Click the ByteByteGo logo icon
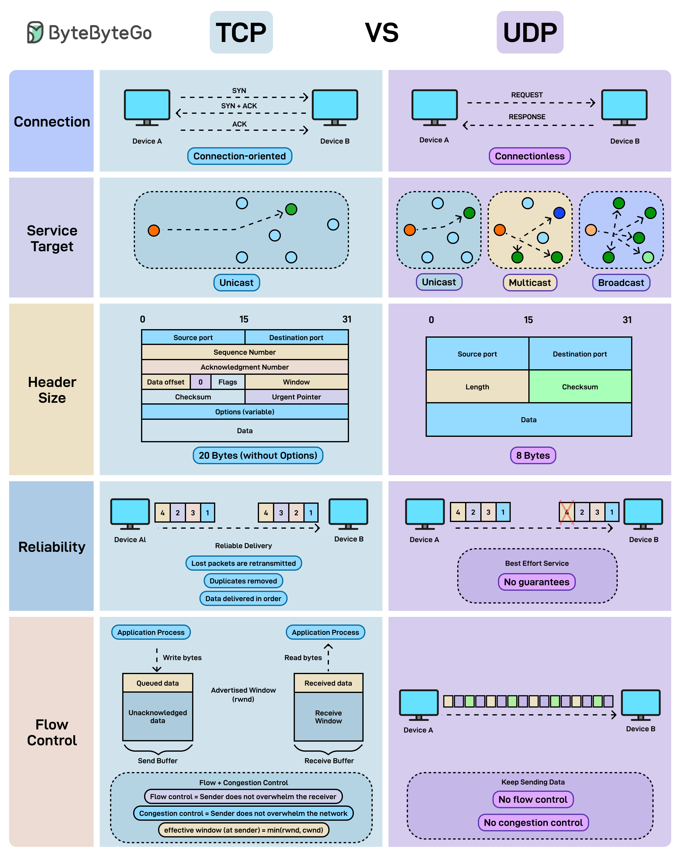35,32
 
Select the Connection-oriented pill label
240,156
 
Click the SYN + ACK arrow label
239,106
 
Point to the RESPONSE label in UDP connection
527,117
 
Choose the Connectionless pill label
530,156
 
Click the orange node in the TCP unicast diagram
154,230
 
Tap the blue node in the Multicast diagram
559,213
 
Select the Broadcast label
621,283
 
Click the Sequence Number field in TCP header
245,352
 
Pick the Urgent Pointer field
296,397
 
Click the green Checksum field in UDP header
580,387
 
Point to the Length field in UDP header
477,387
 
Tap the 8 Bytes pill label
533,455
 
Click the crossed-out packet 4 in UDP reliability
567,513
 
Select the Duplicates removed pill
243,581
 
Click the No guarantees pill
537,582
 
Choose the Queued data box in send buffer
157,683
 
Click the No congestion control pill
533,823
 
